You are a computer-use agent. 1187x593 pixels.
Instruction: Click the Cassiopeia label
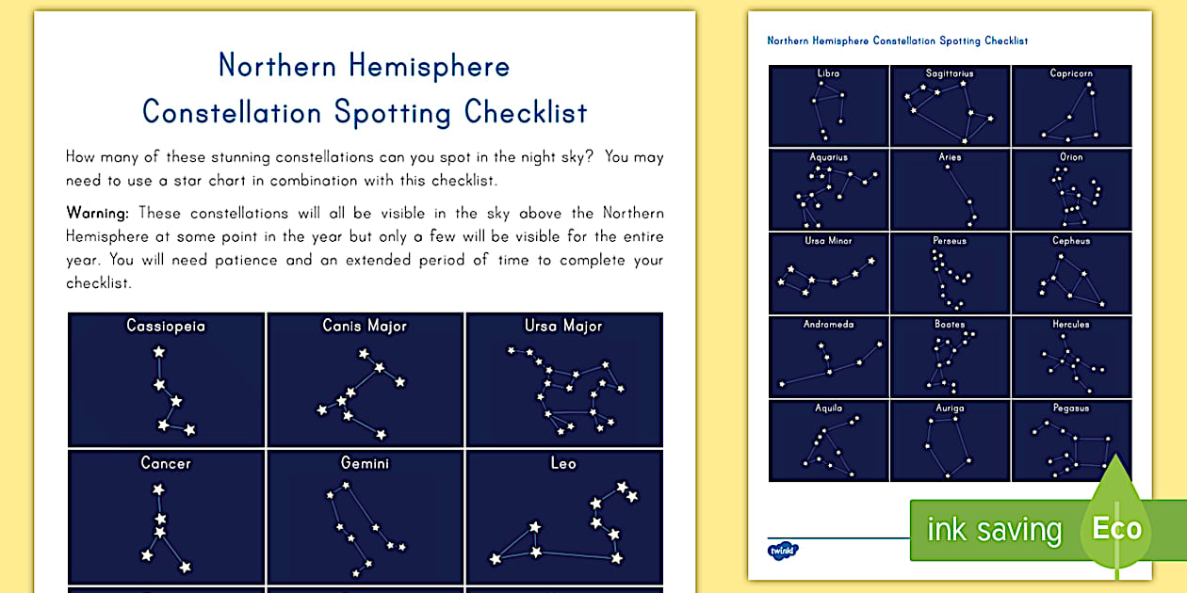[x=166, y=326]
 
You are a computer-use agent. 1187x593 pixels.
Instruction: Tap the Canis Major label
[x=365, y=326]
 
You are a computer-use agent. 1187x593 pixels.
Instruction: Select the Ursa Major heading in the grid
[x=563, y=326]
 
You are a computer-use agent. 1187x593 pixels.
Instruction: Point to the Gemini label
[x=365, y=463]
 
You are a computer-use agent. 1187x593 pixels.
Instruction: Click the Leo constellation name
[x=563, y=463]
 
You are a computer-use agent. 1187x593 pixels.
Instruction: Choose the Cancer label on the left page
[x=166, y=463]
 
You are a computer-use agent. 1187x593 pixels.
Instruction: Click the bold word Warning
[x=97, y=213]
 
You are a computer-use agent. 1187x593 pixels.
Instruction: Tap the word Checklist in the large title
[x=526, y=112]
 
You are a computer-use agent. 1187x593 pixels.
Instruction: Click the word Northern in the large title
[x=278, y=66]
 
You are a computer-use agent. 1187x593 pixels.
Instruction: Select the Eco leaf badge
[x=1116, y=527]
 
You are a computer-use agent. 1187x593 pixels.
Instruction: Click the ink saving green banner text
[x=994, y=530]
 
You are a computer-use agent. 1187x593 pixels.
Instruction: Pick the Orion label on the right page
[x=1071, y=157]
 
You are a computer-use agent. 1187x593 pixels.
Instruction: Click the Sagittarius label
[x=950, y=73]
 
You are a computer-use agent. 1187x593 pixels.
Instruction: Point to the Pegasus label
[x=1071, y=409]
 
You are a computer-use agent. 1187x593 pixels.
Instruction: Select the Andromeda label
[x=828, y=325]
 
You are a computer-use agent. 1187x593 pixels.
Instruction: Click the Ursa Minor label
[x=828, y=241]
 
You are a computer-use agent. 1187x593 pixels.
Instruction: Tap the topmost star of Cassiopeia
[x=158, y=352]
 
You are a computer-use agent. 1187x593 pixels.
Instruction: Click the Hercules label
[x=1071, y=325]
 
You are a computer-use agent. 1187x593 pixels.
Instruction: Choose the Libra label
[x=828, y=73]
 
